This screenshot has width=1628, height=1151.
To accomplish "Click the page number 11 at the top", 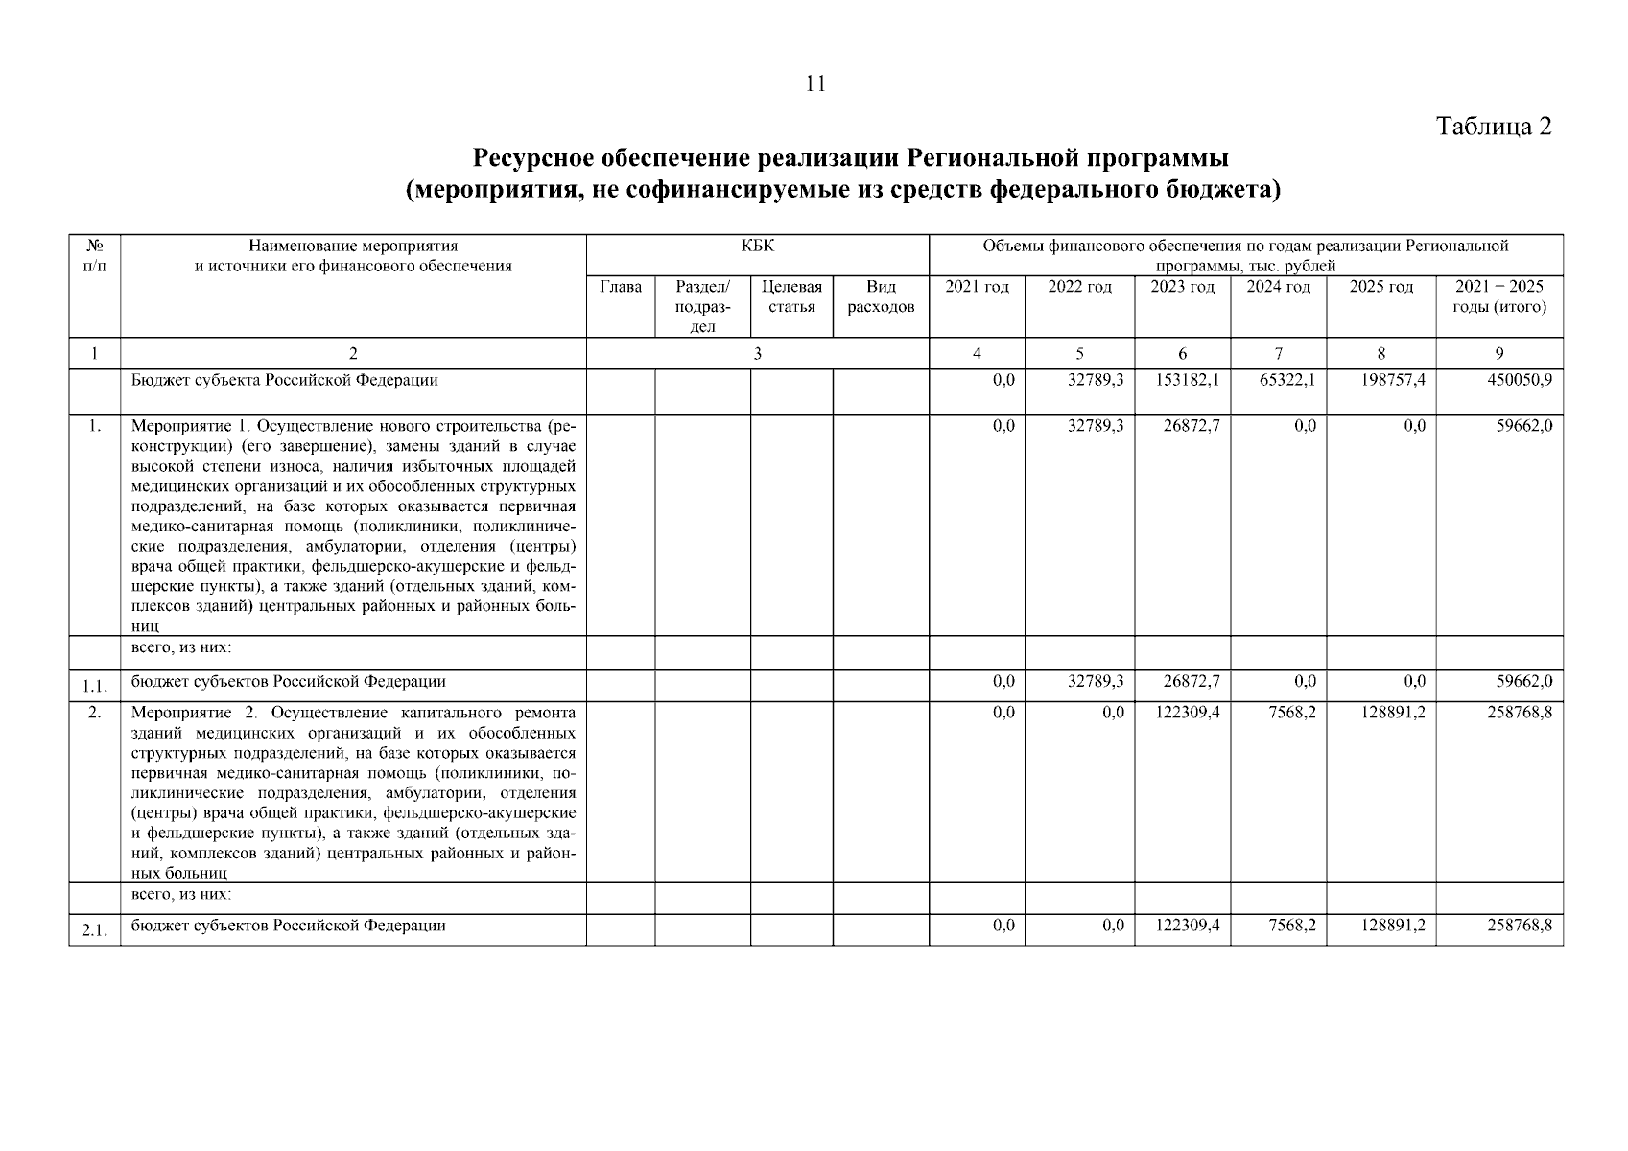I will pyautogui.click(x=814, y=84).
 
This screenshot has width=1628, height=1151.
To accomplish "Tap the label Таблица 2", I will pyautogui.click(x=1493, y=127).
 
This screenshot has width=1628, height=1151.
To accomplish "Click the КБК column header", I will pyautogui.click(x=757, y=247).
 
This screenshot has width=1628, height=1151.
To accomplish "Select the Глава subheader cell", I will pyautogui.click(x=620, y=287).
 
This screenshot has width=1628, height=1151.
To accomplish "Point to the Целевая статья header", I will pyautogui.click(x=791, y=296).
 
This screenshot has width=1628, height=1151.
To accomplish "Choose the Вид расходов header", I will pyautogui.click(x=881, y=296).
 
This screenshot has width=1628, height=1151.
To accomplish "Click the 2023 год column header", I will pyautogui.click(x=1182, y=287).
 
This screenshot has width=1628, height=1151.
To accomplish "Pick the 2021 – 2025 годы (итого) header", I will pyautogui.click(x=1498, y=296).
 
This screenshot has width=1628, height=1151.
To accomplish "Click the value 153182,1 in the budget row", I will pyautogui.click(x=1187, y=380).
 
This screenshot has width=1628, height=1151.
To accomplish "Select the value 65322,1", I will pyautogui.click(x=1286, y=380).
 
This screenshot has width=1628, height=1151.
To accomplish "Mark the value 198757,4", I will pyautogui.click(x=1393, y=380).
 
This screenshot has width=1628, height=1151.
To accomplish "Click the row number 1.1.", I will pyautogui.click(x=93, y=685).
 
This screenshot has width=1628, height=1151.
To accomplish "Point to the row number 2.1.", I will pyautogui.click(x=93, y=929).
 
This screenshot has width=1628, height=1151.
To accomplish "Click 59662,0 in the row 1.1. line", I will pyautogui.click(x=1523, y=682).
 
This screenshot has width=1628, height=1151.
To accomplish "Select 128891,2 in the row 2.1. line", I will pyautogui.click(x=1393, y=926).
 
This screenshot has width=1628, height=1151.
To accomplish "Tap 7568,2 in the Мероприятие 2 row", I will pyautogui.click(x=1291, y=713).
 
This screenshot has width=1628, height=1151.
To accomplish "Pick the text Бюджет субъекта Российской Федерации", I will pyautogui.click(x=284, y=380).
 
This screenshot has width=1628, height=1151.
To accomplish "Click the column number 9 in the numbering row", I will pyautogui.click(x=1498, y=353).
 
